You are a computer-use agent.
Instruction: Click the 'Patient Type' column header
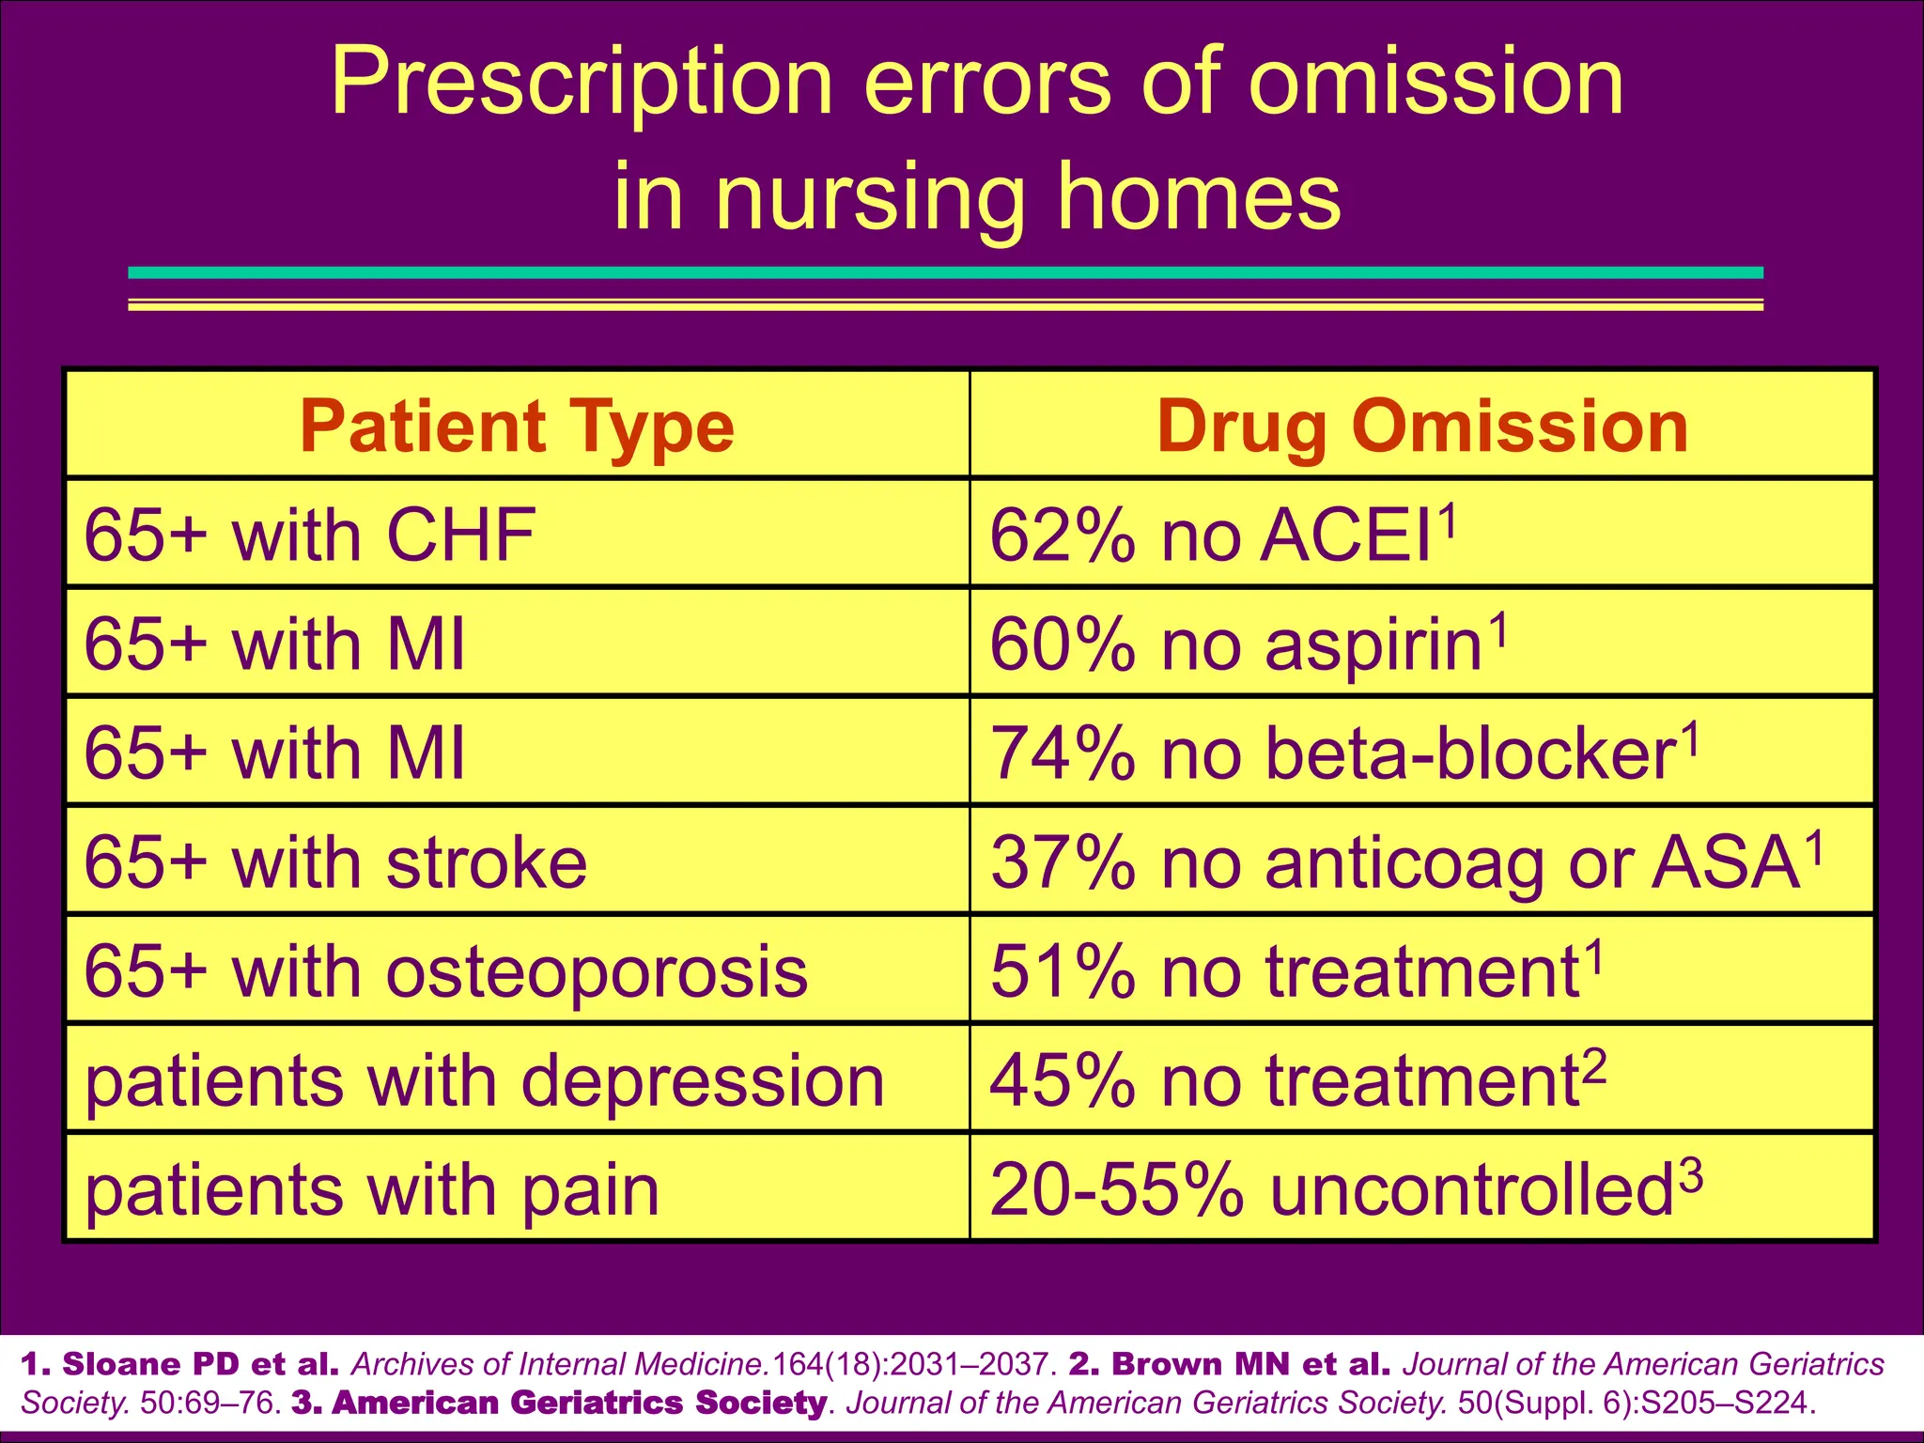point(517,426)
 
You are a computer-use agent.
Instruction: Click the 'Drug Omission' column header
point(1422,426)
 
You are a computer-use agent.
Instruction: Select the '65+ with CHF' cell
point(310,535)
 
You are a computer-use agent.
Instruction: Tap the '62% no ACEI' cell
point(1221,535)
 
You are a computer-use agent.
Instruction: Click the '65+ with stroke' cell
point(335,862)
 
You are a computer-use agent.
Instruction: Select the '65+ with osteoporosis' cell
point(445,971)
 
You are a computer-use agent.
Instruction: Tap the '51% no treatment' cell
point(1296,971)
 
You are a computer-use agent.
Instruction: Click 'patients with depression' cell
point(484,1080)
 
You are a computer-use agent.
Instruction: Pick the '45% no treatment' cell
point(1296,1080)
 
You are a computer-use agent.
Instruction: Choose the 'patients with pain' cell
point(372,1189)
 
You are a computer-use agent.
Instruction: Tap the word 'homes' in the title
point(1200,197)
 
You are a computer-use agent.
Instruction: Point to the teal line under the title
point(945,272)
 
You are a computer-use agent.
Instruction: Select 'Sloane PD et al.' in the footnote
point(179,1363)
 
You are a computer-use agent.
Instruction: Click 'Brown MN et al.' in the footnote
point(1229,1363)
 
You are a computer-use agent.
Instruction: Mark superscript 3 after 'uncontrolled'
point(1691,1175)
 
